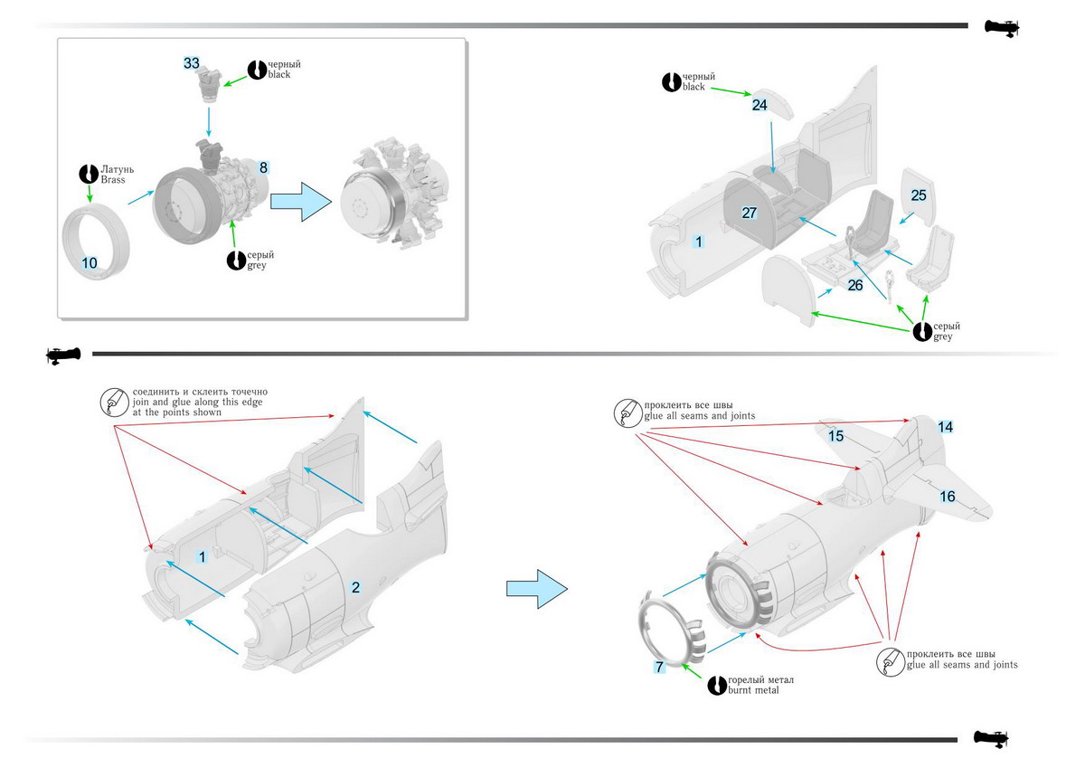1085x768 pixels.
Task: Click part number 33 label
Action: click(x=192, y=63)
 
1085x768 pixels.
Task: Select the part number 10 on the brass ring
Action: click(x=90, y=263)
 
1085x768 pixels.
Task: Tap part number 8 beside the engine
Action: click(x=263, y=167)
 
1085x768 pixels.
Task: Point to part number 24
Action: click(x=759, y=105)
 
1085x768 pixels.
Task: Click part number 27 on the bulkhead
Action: click(x=749, y=213)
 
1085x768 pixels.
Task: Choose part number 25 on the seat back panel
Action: click(x=919, y=195)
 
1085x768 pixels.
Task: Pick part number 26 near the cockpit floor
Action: click(x=855, y=286)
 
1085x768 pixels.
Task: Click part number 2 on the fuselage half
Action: click(x=355, y=587)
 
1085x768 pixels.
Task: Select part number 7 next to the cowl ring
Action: click(x=660, y=667)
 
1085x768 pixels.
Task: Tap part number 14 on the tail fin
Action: click(x=945, y=426)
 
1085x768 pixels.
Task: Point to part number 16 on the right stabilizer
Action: click(x=947, y=497)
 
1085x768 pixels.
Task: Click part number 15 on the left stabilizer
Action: click(x=836, y=436)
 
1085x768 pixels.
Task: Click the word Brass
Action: click(x=113, y=180)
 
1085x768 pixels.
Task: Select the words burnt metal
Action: click(x=753, y=690)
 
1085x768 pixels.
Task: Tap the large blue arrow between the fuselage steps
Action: click(x=535, y=589)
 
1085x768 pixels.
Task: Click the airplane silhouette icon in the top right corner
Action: click(x=1001, y=28)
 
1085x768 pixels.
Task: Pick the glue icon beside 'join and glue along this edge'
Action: click(x=114, y=402)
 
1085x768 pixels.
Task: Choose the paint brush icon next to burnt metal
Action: click(x=718, y=685)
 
